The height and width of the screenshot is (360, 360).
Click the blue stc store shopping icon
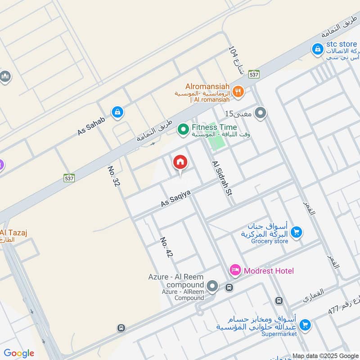[x=318, y=49]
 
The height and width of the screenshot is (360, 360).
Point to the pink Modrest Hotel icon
[x=235, y=270]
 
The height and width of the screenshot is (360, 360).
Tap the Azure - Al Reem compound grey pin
[x=212, y=286]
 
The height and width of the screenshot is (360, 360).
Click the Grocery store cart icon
[x=296, y=233]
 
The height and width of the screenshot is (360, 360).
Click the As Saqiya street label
[x=176, y=198]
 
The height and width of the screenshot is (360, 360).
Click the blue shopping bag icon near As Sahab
[x=117, y=112]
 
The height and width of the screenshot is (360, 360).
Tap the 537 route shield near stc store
[x=254, y=75]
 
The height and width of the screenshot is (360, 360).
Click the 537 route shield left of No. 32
[x=69, y=178]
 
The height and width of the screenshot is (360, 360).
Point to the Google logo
[x=18, y=353]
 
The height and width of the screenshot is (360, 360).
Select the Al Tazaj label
[x=13, y=233]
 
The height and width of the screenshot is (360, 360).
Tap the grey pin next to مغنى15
[x=260, y=113]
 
